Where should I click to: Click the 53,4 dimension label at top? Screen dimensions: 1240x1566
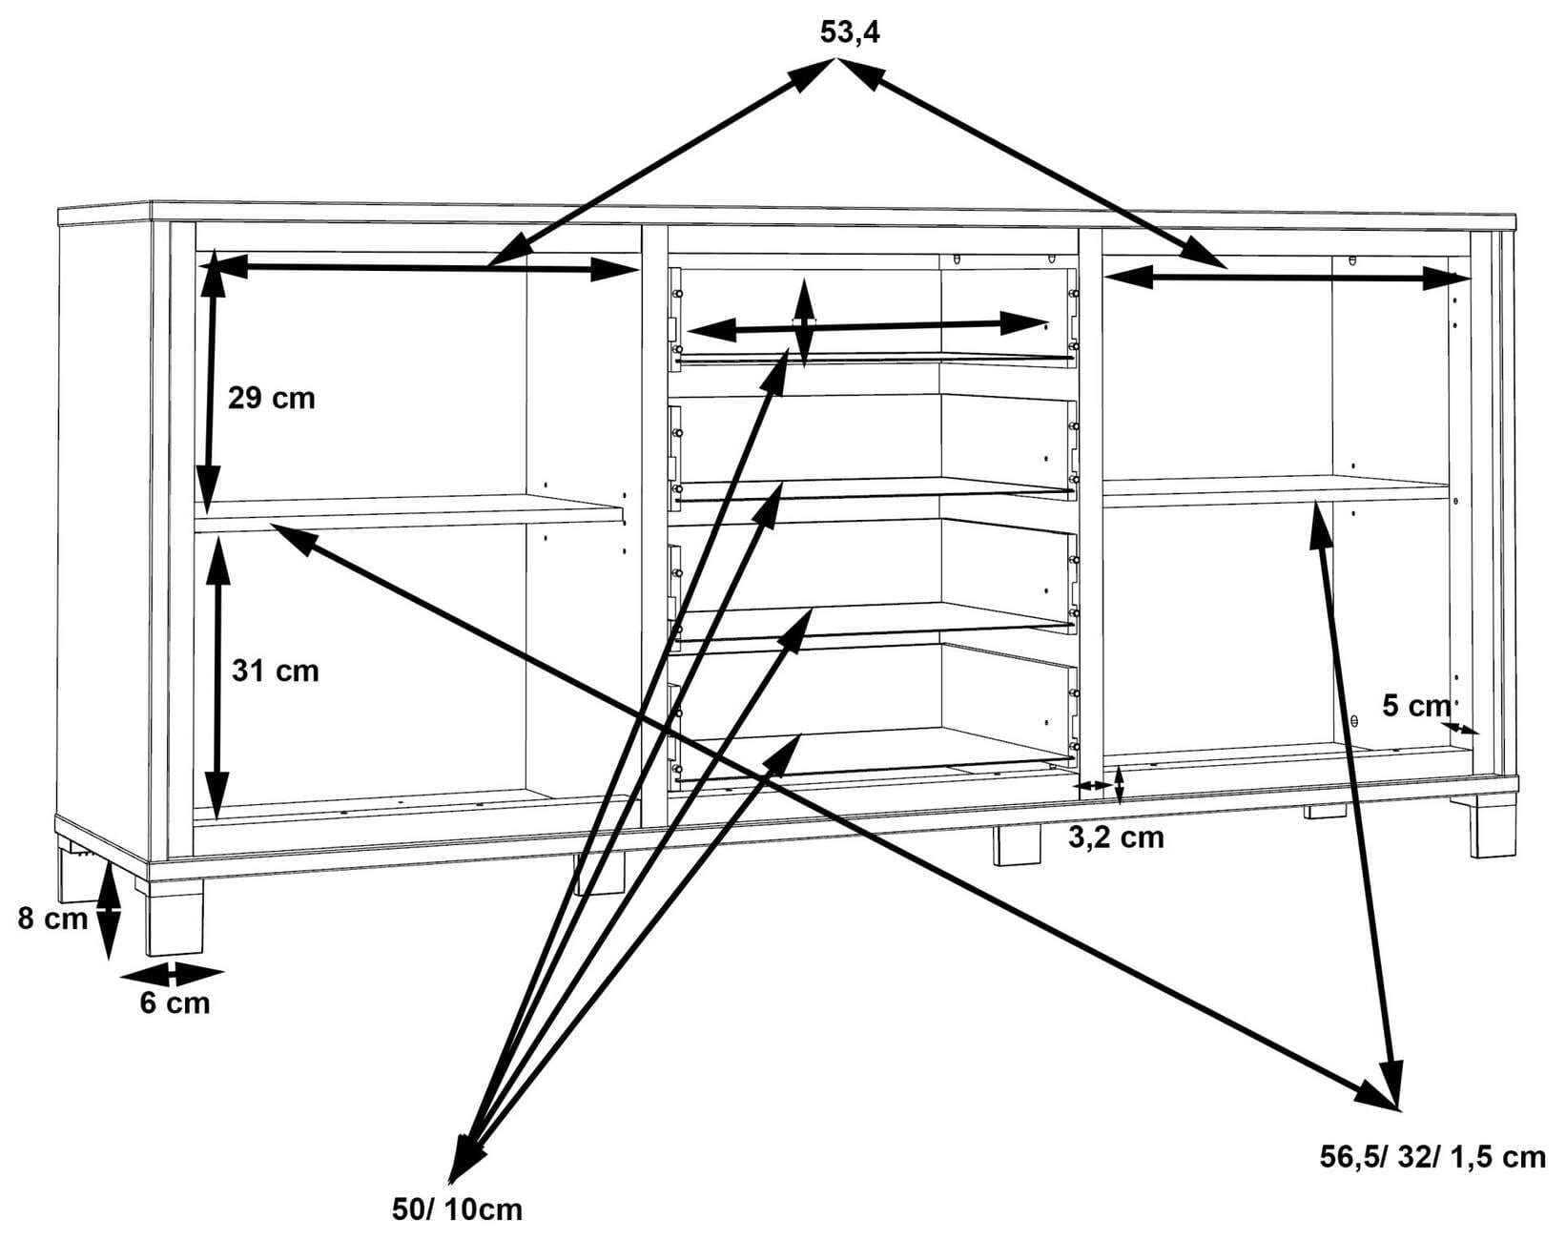point(850,32)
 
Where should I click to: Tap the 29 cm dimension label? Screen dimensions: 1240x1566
point(271,397)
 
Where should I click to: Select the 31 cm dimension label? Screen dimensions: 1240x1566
point(275,671)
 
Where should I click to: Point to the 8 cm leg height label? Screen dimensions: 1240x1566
point(52,919)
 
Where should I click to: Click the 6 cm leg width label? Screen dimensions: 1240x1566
point(175,1002)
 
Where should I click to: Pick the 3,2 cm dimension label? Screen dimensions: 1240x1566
point(1115,837)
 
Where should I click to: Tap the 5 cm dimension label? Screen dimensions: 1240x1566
point(1415,706)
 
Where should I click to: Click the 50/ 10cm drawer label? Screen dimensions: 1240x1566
point(457,1209)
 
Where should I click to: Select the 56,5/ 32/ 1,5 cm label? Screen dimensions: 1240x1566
point(1432,1157)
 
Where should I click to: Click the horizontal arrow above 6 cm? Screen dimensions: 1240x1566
point(173,975)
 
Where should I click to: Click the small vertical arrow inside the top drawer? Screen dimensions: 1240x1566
point(805,322)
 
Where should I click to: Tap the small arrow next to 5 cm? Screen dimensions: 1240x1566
point(1460,729)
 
